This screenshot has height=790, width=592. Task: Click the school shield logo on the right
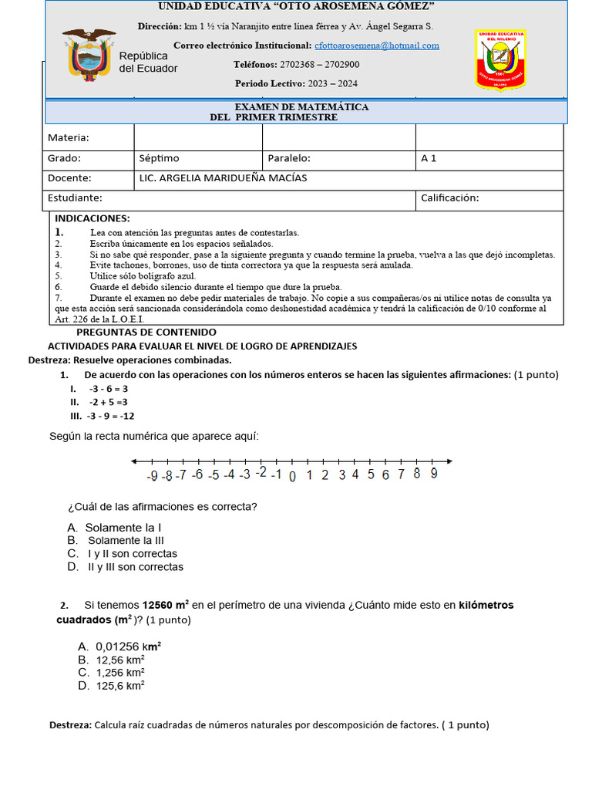pos(500,59)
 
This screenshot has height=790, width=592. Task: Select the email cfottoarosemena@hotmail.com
pos(377,46)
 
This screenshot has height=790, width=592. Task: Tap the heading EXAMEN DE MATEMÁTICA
pos(301,106)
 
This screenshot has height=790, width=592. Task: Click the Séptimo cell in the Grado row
pos(159,158)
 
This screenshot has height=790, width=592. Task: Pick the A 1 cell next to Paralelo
pos(429,158)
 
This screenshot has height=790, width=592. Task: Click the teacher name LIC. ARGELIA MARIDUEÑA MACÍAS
pos(223,178)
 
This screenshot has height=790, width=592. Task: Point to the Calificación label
pos(449,198)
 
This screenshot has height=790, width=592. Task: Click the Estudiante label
pos(75,198)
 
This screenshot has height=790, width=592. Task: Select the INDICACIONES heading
pos(92,219)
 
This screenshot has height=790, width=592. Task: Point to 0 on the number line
pos(292,476)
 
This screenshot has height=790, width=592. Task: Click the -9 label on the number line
pos(153,476)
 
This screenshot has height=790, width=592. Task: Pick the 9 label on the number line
pos(434,474)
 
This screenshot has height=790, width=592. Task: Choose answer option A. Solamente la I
pos(114,528)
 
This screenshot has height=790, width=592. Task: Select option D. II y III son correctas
pos(126,567)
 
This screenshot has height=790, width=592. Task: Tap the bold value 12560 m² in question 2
pos(166,606)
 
